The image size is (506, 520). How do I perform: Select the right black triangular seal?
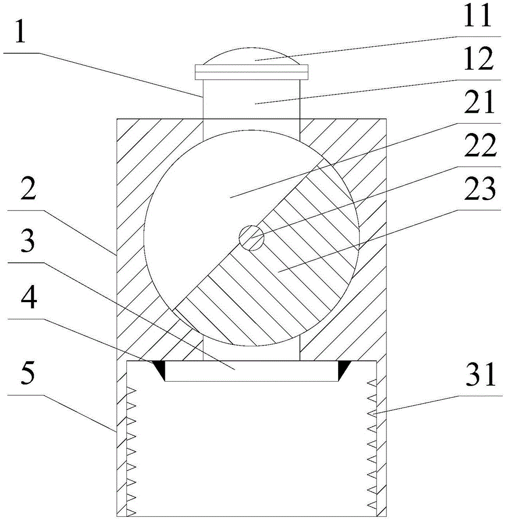pyautogui.click(x=343, y=368)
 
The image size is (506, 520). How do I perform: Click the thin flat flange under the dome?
pyautogui.click(x=252, y=72)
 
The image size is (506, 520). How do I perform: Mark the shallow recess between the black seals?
pyautogui.click(x=252, y=371)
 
